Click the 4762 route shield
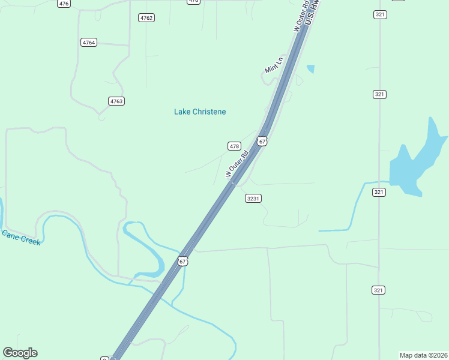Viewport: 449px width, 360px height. (146, 18)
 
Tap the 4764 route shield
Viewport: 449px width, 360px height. (89, 42)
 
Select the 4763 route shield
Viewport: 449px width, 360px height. (116, 101)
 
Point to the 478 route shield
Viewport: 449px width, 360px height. (234, 146)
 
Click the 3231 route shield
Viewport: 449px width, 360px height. (253, 198)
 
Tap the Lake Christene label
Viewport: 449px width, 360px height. (200, 112)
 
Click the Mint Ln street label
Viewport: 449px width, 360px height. (273, 65)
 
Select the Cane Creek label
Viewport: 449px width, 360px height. (21, 237)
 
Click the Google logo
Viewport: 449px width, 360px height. (20, 353)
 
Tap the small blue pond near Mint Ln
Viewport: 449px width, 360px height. (310, 68)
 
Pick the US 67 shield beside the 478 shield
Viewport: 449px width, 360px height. (261, 141)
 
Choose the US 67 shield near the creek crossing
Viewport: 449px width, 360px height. (183, 261)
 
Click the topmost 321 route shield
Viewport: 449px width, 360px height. (379, 14)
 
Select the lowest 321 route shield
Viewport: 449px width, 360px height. (378, 290)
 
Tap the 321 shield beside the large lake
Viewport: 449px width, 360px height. (379, 192)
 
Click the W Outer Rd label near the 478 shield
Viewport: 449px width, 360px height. (237, 163)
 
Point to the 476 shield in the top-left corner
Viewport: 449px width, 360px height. (64, 4)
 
